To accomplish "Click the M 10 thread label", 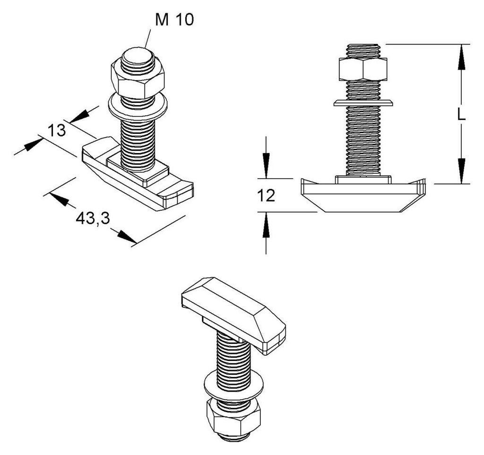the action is click(x=174, y=20).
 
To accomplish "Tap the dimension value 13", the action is click(x=57, y=130).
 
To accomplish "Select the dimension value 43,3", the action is click(x=93, y=219).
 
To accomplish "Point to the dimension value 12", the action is click(x=266, y=196).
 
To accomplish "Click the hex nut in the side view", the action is click(x=363, y=69).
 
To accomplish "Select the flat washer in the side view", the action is click(x=363, y=103).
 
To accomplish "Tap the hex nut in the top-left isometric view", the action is click(x=138, y=78).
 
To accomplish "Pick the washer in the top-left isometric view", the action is click(x=138, y=106).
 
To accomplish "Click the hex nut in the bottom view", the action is click(x=233, y=415).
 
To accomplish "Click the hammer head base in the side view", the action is click(x=363, y=195).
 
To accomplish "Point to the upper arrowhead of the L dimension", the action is click(x=461, y=57).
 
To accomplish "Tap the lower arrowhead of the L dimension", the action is click(x=461, y=171).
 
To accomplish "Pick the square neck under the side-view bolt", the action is click(x=363, y=180).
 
